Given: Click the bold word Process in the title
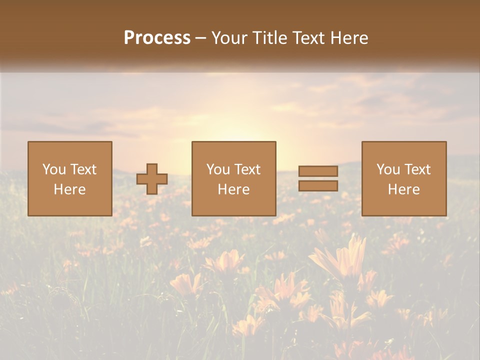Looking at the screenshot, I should (x=157, y=38).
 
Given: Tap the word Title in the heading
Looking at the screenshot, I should (x=270, y=38).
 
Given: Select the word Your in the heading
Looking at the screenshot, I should (x=231, y=38).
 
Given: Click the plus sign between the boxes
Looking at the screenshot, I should (x=152, y=179).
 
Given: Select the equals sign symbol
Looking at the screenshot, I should (x=318, y=178).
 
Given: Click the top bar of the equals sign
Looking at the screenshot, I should (x=318, y=171).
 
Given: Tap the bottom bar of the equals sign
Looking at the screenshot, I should (x=318, y=186).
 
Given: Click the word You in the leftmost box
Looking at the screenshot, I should (x=53, y=169).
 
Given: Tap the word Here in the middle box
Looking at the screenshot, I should (x=234, y=189).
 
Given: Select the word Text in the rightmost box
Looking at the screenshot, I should (x=417, y=169).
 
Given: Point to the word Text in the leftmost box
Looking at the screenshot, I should (x=83, y=169).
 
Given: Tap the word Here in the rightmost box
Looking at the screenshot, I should (x=404, y=189).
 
